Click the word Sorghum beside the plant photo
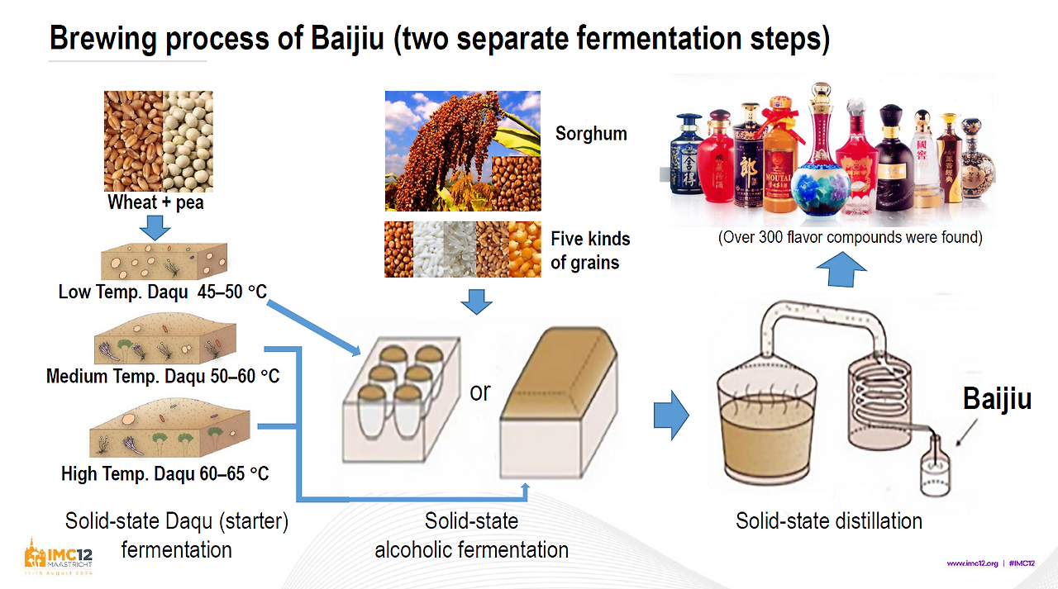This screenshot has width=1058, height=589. pos(591,134)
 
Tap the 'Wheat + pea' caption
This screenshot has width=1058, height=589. pos(156,202)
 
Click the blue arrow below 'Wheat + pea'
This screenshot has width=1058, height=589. pos(156,227)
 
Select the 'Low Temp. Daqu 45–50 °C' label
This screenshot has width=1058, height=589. pos(162,292)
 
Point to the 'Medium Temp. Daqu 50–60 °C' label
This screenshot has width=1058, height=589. pos(163,377)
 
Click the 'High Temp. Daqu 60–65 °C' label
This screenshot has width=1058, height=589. pos(164,474)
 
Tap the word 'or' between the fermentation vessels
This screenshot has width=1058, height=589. pos(480,391)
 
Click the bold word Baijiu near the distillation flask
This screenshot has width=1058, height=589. pos(997,399)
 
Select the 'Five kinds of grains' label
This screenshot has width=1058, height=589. pos(590,251)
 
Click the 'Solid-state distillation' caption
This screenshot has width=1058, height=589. pos(829,521)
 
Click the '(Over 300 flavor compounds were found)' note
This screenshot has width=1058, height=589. pos(850,238)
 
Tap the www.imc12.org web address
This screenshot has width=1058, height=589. pos(973,563)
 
